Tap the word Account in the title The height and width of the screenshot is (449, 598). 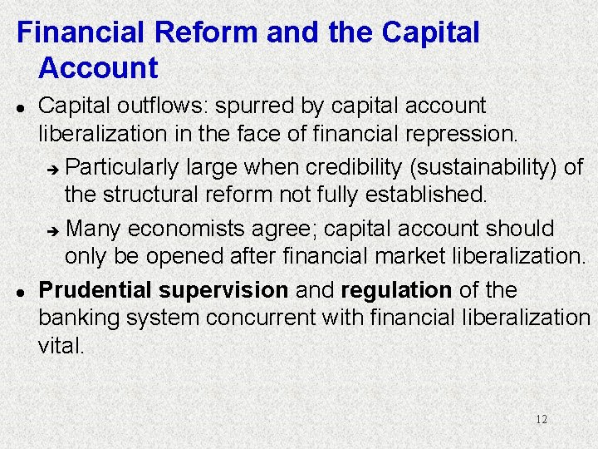(98, 67)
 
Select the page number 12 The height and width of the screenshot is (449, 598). (541, 419)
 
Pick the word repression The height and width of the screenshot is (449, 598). (470, 132)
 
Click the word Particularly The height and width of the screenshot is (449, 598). (121, 168)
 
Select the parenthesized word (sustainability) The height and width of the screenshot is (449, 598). (483, 168)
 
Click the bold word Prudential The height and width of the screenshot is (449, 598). (96, 290)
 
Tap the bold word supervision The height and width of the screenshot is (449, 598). (223, 290)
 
